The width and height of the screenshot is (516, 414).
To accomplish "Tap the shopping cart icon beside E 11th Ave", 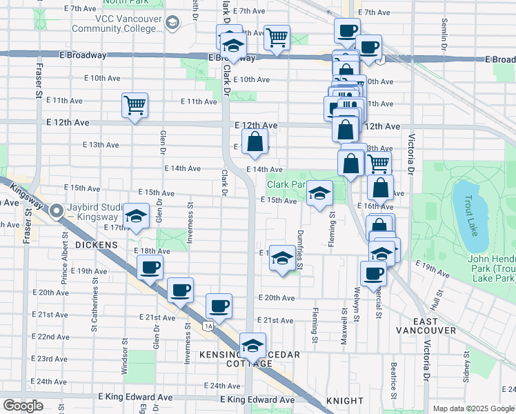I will point(135,106).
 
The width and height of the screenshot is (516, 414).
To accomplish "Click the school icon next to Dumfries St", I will point(281,258).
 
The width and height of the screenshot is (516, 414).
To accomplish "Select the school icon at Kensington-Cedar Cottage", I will point(252,344).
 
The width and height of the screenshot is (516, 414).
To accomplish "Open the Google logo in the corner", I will point(23,405).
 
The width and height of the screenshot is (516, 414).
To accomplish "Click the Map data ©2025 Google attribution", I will point(473,408).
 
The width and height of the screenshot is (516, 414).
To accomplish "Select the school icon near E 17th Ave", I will point(137,217).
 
